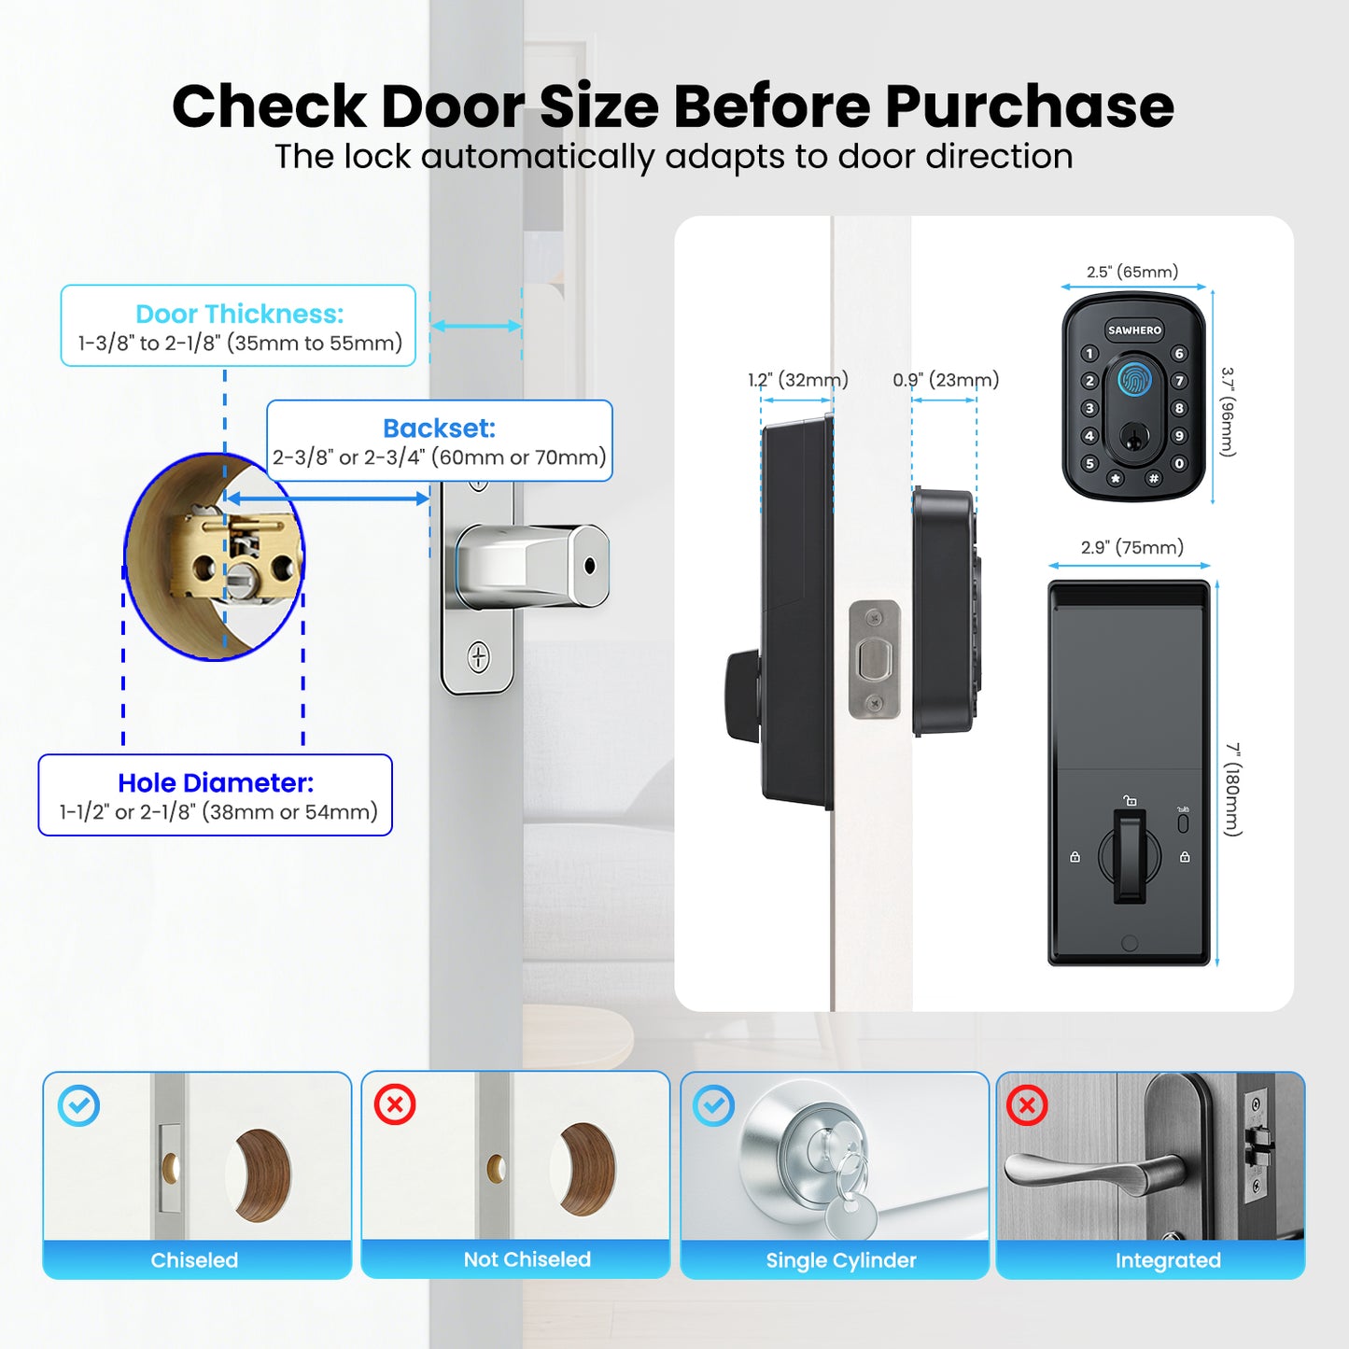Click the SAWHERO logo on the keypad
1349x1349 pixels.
[x=1134, y=330]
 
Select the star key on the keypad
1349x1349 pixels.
[x=1115, y=478]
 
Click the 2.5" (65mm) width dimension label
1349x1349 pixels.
[x=1132, y=272]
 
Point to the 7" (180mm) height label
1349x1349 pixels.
[x=1233, y=789]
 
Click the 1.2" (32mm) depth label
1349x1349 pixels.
[x=797, y=379]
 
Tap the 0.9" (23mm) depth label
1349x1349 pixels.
[x=945, y=379]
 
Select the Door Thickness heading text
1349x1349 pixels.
[x=239, y=314]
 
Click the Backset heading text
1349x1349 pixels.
[x=439, y=428]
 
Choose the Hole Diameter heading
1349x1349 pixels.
[x=216, y=782]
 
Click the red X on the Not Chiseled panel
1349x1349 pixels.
[x=395, y=1104]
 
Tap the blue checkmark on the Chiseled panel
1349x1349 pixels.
[x=78, y=1105]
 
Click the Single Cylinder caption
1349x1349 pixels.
[x=840, y=1260]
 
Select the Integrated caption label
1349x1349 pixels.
[x=1167, y=1260]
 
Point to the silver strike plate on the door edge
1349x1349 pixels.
[x=875, y=659]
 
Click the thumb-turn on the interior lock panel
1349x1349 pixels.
[x=1129, y=855]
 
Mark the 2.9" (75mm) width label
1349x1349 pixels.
[x=1131, y=547]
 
